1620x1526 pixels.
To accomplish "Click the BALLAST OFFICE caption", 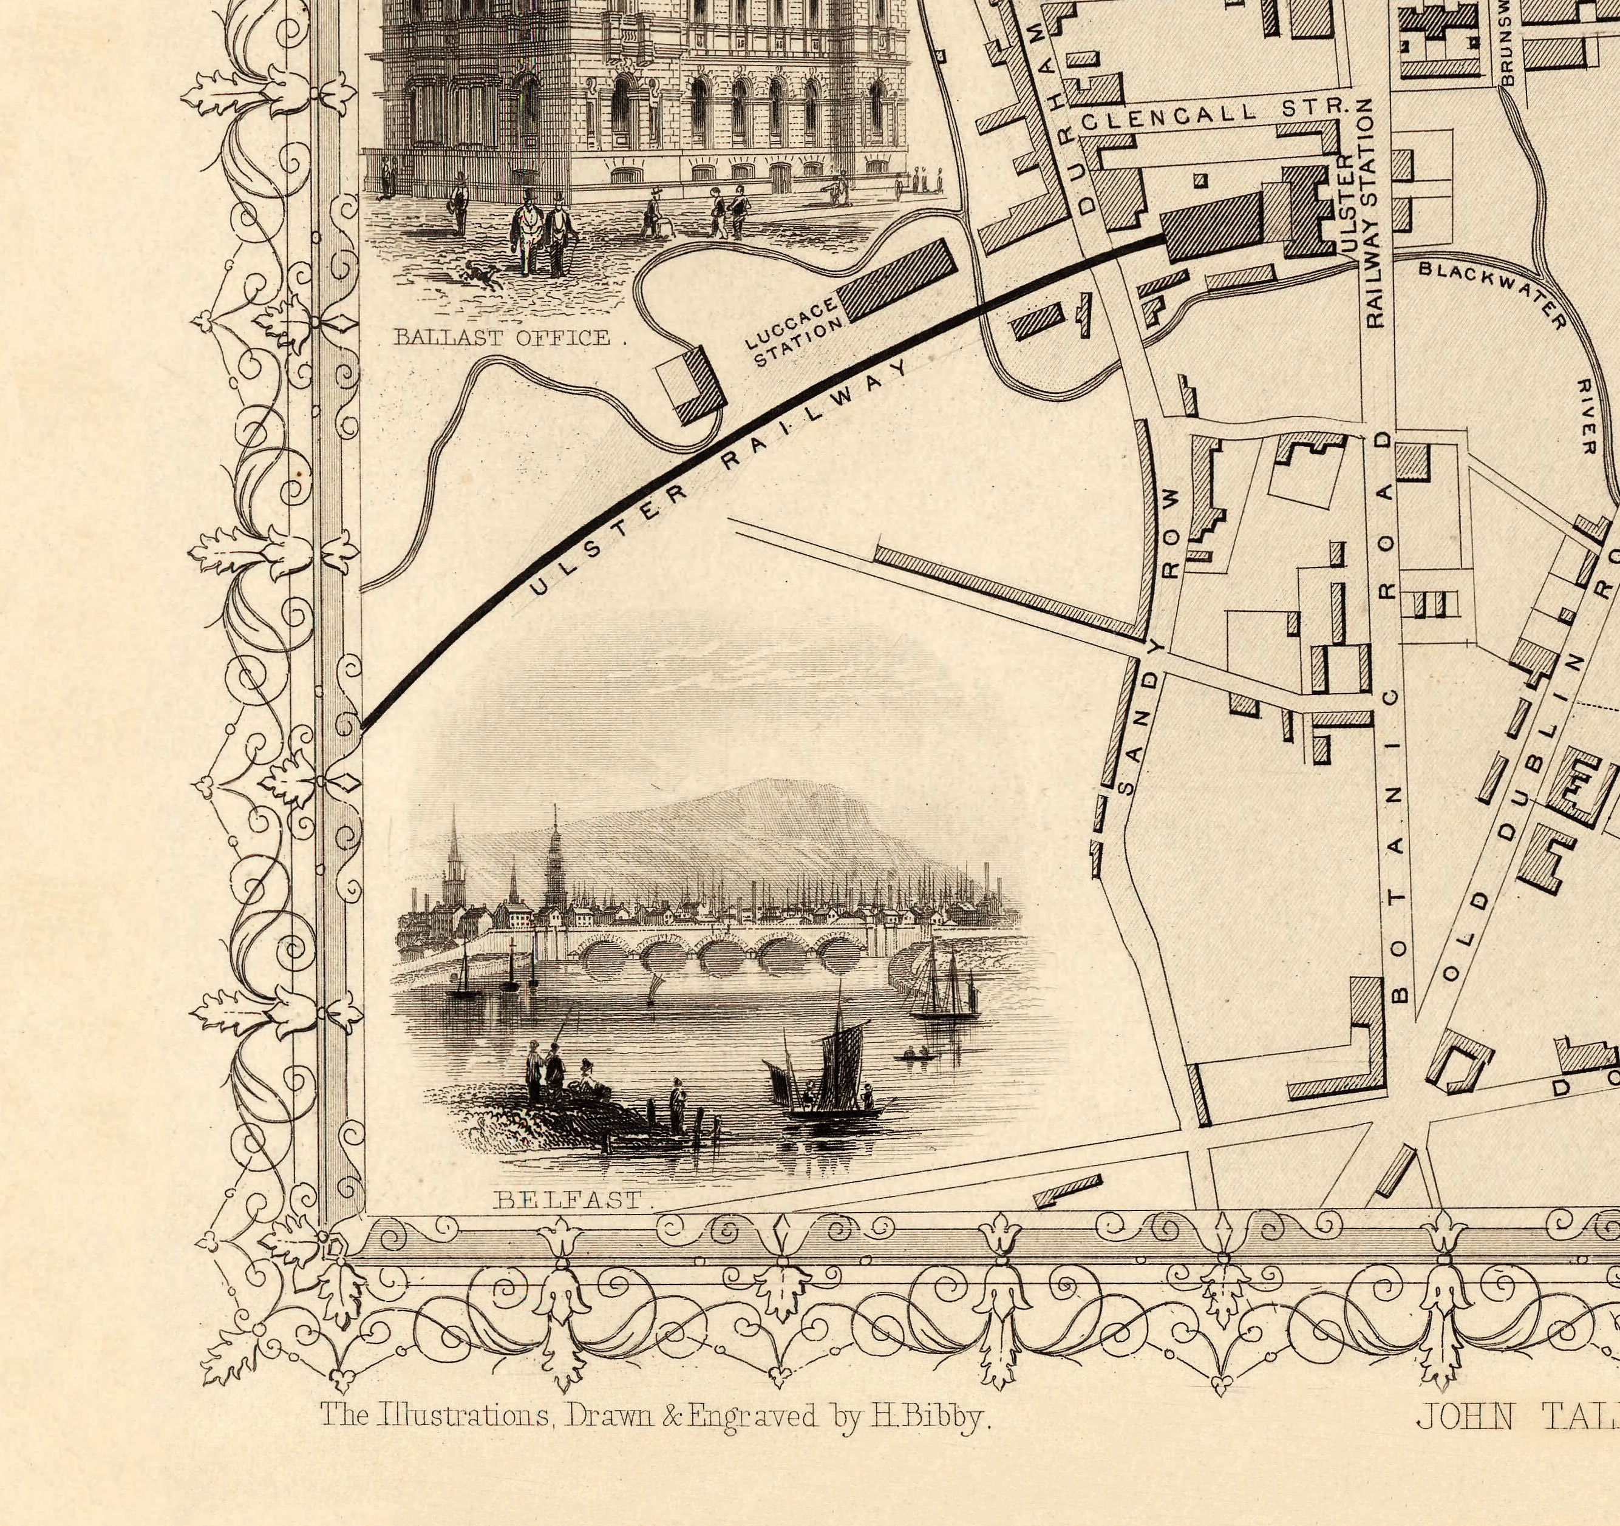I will coord(502,337).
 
